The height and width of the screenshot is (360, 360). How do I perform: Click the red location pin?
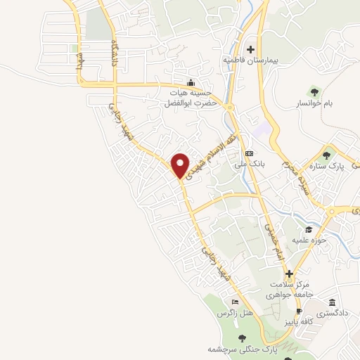[180, 165]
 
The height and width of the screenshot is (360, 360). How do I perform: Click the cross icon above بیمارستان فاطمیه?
[250, 49]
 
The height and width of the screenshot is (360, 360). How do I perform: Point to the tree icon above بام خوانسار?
[314, 91]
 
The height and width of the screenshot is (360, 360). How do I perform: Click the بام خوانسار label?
[314, 103]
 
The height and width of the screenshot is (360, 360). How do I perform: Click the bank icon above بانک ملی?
[248, 153]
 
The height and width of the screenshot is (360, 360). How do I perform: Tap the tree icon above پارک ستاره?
[325, 155]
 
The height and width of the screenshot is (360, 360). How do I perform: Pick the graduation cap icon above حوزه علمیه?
[308, 230]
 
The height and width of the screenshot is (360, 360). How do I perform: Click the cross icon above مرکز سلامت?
[288, 274]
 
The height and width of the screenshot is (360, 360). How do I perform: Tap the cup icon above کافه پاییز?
[298, 311]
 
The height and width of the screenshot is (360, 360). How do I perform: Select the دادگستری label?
[331, 314]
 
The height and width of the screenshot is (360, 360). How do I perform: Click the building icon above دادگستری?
[331, 302]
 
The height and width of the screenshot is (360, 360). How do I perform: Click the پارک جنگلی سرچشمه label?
[243, 349]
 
